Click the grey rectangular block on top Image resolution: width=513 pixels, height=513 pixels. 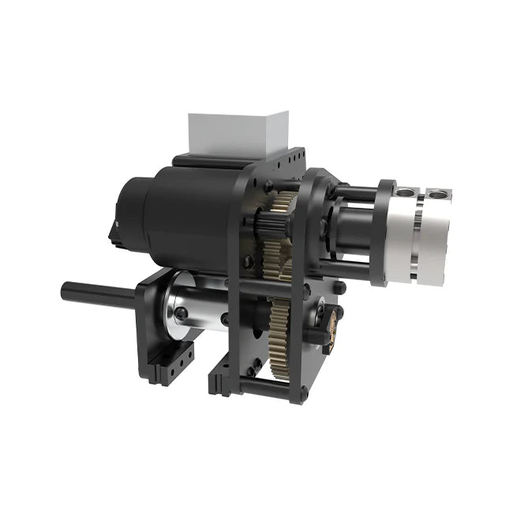(x=229, y=134)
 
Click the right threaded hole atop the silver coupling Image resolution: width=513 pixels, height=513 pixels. (x=437, y=194)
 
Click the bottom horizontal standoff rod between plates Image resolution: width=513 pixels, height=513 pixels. (x=268, y=387)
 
